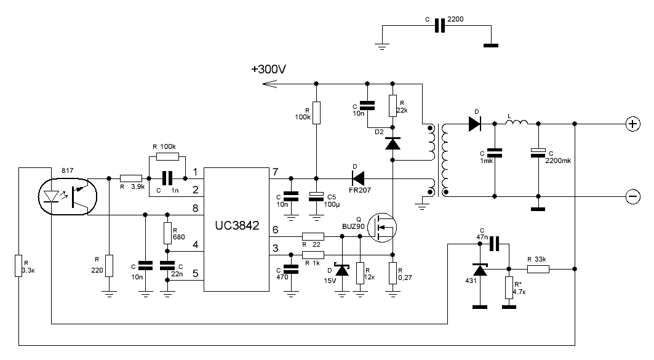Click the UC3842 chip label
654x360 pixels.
[237, 226]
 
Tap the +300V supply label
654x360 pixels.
[269, 70]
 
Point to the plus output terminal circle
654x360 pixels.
[632, 124]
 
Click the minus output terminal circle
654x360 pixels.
[632, 196]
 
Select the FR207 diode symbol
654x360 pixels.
[358, 178]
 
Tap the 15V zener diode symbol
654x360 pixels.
[343, 270]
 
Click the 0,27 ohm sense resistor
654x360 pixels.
[393, 273]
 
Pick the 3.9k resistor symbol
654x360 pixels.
[131, 178]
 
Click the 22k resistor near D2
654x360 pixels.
[393, 106]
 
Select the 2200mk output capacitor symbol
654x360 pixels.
[538, 153]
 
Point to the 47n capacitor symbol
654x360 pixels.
[494, 244]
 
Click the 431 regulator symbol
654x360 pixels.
[480, 270]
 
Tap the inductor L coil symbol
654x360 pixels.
[516, 122]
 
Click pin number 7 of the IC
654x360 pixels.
[275, 172]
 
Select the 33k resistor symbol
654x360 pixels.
[538, 269]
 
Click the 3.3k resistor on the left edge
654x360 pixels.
[18, 266]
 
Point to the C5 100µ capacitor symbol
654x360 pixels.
[317, 196]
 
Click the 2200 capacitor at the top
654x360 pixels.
[440, 25]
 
